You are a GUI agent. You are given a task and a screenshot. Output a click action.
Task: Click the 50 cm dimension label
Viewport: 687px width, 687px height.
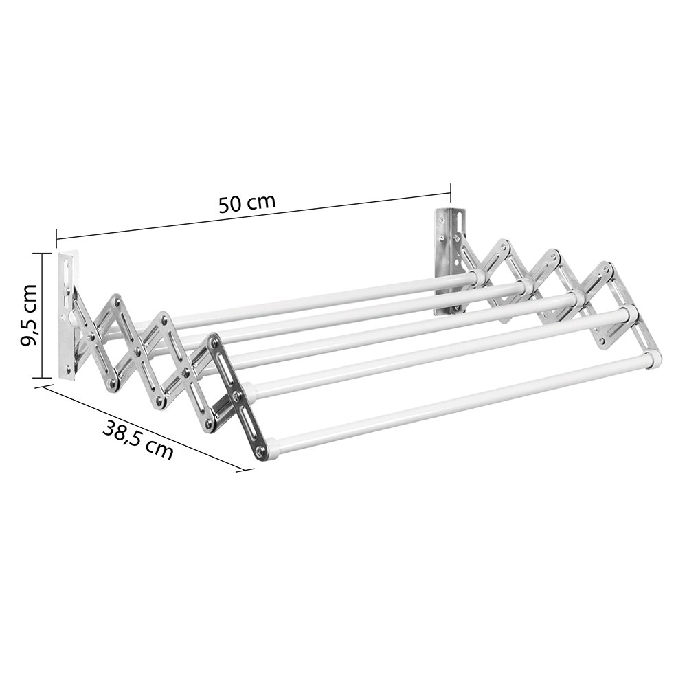tap(247, 203)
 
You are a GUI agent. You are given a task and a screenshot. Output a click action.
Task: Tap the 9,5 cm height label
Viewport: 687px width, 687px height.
tap(30, 315)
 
